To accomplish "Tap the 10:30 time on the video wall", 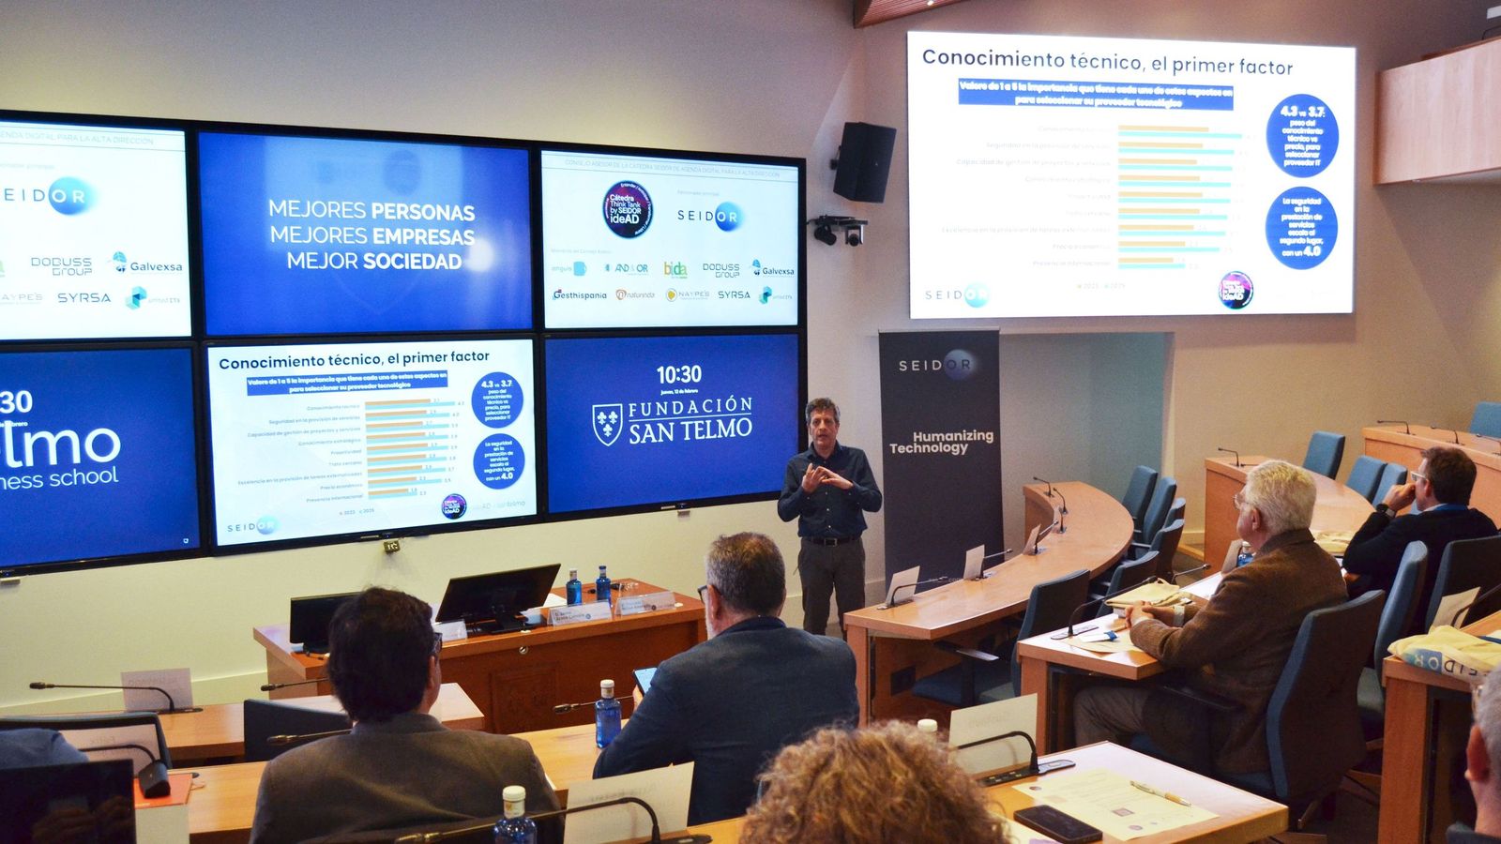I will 678,375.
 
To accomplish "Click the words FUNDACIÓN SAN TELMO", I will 690,419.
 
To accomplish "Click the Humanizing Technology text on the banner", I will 941,442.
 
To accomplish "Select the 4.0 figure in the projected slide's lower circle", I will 1311,250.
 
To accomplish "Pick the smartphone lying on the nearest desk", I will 1056,822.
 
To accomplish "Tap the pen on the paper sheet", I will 1160,792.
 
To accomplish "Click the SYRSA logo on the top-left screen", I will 83,297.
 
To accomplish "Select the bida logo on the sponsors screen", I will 675,269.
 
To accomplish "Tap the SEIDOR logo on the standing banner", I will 935,364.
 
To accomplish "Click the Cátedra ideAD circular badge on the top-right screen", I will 628,208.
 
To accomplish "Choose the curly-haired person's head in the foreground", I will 872,788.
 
